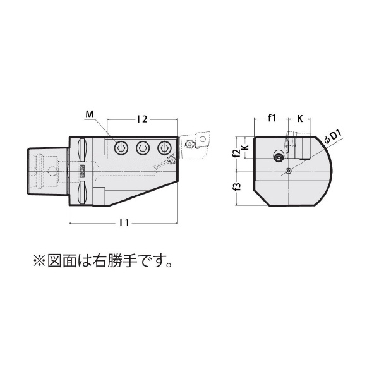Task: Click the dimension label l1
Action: click(x=124, y=222)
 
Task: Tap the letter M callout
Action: click(x=88, y=114)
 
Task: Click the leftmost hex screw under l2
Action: click(x=120, y=148)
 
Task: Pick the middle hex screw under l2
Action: click(x=142, y=148)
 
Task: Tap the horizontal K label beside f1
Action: click(x=299, y=117)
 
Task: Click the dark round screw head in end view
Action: click(x=278, y=157)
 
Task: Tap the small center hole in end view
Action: click(x=289, y=171)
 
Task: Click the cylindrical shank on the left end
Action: click(x=45, y=171)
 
